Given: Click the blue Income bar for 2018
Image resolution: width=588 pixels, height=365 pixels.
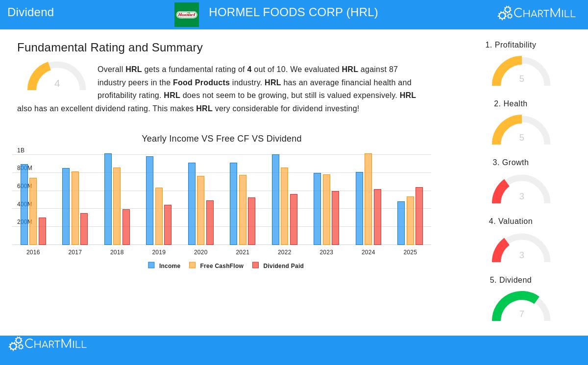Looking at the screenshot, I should click(108, 199).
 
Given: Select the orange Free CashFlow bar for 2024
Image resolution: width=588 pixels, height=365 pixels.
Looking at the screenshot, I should click(368, 199).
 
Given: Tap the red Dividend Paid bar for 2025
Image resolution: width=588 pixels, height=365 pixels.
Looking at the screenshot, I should click(419, 216).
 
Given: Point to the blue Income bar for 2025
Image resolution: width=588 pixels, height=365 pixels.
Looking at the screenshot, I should click(401, 223).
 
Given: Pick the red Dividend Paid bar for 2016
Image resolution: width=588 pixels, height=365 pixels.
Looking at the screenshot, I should click(42, 231).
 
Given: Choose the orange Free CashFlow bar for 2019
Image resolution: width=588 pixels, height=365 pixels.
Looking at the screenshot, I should click(159, 216).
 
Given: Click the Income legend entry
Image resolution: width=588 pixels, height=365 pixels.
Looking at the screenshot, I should click(165, 266).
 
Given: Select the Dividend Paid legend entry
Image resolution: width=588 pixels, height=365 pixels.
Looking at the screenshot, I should click(278, 266).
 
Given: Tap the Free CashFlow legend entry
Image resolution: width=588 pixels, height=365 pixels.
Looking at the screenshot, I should click(217, 266).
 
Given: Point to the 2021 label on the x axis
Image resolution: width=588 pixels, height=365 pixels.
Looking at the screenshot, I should click(243, 252).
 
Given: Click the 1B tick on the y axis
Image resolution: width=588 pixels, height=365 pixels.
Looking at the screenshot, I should click(21, 150).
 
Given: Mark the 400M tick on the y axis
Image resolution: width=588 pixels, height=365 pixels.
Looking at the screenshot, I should click(24, 204).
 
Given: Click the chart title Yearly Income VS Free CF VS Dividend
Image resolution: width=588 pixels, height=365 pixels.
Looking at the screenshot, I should click(221, 139).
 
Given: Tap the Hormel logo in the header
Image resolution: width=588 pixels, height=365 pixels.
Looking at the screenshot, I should click(187, 15).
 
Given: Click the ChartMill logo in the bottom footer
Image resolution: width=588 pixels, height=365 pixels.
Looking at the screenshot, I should click(48, 344).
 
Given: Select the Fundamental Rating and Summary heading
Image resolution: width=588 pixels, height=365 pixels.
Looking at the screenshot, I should click(110, 48).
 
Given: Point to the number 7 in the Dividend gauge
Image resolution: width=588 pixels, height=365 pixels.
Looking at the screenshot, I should click(521, 314).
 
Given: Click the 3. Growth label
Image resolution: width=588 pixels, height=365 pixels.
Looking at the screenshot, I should click(511, 163).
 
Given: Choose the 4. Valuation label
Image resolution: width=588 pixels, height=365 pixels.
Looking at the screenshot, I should click(511, 221).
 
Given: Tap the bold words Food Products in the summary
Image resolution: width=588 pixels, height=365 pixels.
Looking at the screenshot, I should click(201, 83).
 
